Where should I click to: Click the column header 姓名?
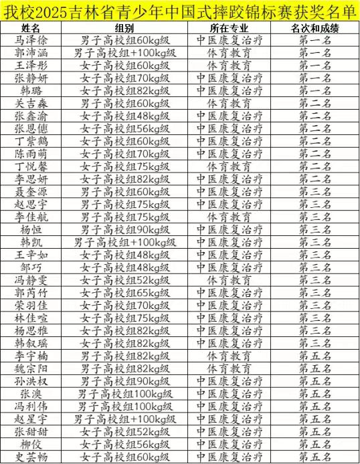click(x=31, y=27)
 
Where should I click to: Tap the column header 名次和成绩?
click(x=314, y=27)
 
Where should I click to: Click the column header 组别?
click(x=124, y=27)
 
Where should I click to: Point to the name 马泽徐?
click(x=31, y=39)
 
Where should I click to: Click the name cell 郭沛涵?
click(x=31, y=52)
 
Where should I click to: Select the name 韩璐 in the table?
click(x=31, y=90)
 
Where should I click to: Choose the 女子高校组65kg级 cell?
click(x=124, y=292)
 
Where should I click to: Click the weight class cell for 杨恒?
click(x=124, y=229)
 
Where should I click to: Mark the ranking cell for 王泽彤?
click(x=314, y=65)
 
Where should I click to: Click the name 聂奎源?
click(x=31, y=191)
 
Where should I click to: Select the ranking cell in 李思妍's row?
click(x=314, y=179)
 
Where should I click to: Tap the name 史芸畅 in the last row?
click(x=31, y=457)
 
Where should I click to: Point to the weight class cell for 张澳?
click(x=124, y=394)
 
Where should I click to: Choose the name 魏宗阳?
click(x=31, y=368)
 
